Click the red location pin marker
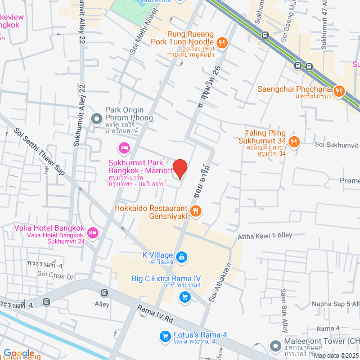point(179,168)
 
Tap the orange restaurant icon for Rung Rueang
point(223,42)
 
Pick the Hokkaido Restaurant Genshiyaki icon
point(195,211)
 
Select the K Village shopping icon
point(181,258)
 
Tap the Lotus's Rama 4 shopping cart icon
point(165,336)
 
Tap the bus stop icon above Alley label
point(104,292)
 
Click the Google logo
point(19,353)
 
